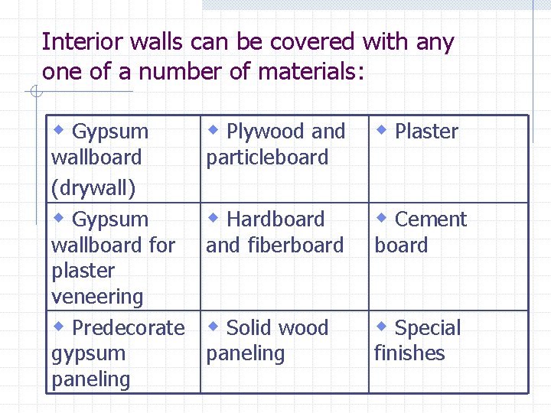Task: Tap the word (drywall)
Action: point(93,187)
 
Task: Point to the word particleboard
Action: point(267,158)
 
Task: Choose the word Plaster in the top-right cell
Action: point(426,132)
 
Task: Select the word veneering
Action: point(97,297)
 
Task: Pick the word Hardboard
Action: point(276,220)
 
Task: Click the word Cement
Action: point(431,220)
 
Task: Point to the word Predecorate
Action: point(129,328)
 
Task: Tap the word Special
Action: point(428,328)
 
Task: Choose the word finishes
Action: point(409,353)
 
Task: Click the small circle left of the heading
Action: point(35,93)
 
